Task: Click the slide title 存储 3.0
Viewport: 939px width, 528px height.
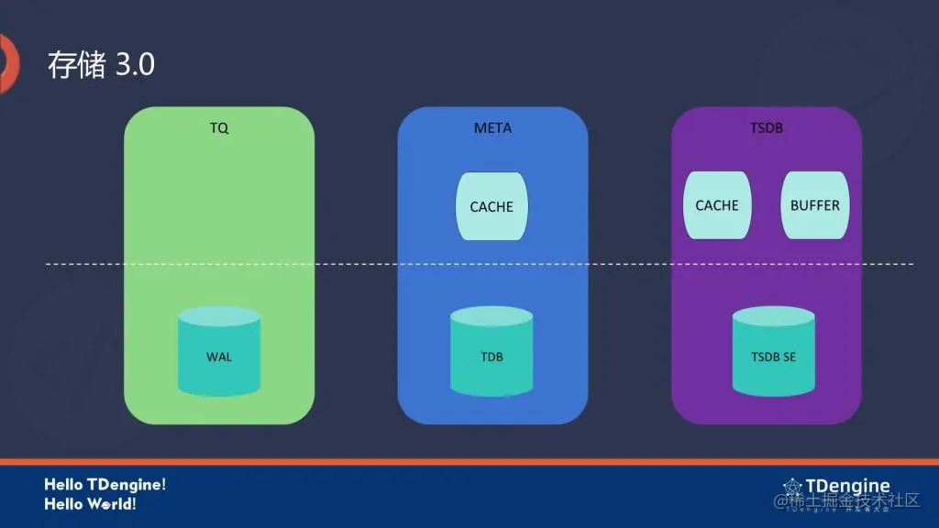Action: coord(101,65)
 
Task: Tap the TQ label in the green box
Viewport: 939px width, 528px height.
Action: coord(219,128)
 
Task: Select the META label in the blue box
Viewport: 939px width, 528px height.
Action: coord(492,128)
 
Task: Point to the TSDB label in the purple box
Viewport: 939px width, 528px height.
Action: coord(767,128)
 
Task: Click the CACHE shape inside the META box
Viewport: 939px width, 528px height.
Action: coord(492,206)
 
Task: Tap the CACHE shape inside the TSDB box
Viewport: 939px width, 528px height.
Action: coord(717,205)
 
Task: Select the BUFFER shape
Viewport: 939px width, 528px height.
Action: coord(814,205)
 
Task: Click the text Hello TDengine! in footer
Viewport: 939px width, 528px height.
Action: coord(105,484)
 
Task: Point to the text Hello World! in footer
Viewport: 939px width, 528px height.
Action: coord(91,504)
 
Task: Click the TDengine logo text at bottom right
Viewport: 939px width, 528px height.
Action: coord(847,486)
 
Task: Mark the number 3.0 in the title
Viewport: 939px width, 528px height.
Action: coord(135,65)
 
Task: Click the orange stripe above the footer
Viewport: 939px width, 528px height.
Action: coord(469,461)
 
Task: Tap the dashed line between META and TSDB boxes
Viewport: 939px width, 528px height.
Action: coord(629,264)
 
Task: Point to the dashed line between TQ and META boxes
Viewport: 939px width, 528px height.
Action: coord(356,264)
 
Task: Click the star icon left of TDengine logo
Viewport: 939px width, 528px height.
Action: coord(792,488)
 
